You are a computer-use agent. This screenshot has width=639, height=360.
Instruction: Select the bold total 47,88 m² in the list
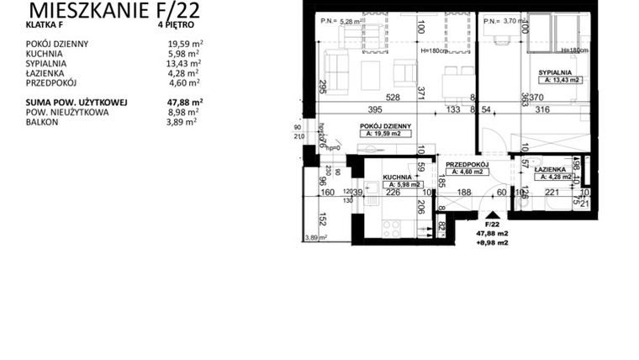click(185, 102)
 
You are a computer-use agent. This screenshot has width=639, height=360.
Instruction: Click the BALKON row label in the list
click(40, 121)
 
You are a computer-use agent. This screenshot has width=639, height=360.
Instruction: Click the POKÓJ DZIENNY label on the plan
click(383, 125)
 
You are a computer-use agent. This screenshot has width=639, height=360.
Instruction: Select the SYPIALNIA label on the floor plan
click(556, 73)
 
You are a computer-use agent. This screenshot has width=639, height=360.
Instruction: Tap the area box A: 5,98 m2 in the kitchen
click(401, 184)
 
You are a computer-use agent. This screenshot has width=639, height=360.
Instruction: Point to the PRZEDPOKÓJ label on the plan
click(467, 165)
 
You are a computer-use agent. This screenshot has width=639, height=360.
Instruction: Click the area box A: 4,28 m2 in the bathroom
click(553, 177)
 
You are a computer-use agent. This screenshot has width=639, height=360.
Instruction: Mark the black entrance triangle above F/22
click(490, 214)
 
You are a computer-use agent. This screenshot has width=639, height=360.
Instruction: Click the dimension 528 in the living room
click(367, 98)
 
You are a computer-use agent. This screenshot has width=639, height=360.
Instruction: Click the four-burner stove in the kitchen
click(393, 226)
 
